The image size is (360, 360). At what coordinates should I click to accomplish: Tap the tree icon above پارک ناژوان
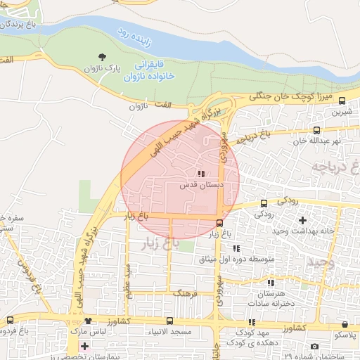click(103, 57)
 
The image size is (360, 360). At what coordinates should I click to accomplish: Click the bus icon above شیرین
click(342, 101)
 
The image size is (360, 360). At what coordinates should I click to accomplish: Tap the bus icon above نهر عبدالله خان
click(316, 129)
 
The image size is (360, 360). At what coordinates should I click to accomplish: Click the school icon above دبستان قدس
click(201, 174)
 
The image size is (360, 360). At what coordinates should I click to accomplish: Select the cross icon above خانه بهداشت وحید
click(302, 221)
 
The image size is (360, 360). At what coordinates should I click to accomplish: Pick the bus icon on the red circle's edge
click(220, 223)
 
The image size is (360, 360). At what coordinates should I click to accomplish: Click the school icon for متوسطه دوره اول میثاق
click(236, 248)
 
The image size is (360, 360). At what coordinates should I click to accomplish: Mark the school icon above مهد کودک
click(252, 322)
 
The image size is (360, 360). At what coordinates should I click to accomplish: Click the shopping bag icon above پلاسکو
click(345, 324)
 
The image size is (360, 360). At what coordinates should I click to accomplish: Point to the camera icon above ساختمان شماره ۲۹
click(314, 347)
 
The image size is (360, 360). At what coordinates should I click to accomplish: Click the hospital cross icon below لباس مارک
click(85, 346)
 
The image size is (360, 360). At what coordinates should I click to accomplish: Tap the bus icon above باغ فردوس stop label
click(10, 320)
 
